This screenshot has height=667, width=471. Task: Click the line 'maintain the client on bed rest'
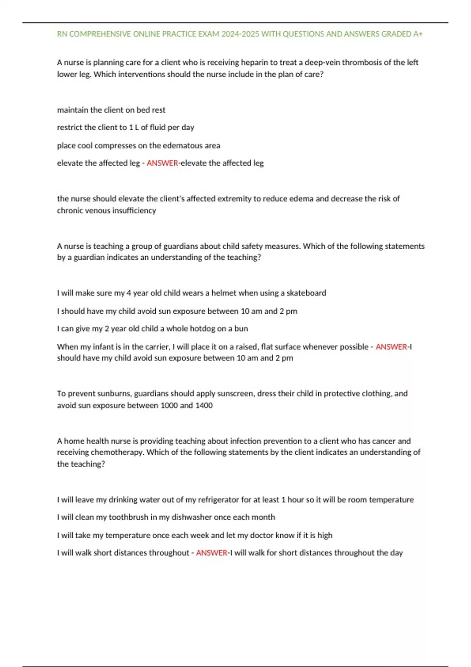[x=111, y=110]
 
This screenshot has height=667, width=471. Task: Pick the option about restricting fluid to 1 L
[x=126, y=128]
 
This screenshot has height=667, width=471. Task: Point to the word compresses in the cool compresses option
[x=115, y=146]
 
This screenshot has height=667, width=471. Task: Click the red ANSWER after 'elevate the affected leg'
[x=162, y=163]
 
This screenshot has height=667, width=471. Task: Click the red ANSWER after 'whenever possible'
[x=391, y=347]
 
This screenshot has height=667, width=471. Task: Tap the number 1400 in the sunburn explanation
[x=204, y=406]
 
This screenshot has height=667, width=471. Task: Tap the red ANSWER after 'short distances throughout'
[x=212, y=553]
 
